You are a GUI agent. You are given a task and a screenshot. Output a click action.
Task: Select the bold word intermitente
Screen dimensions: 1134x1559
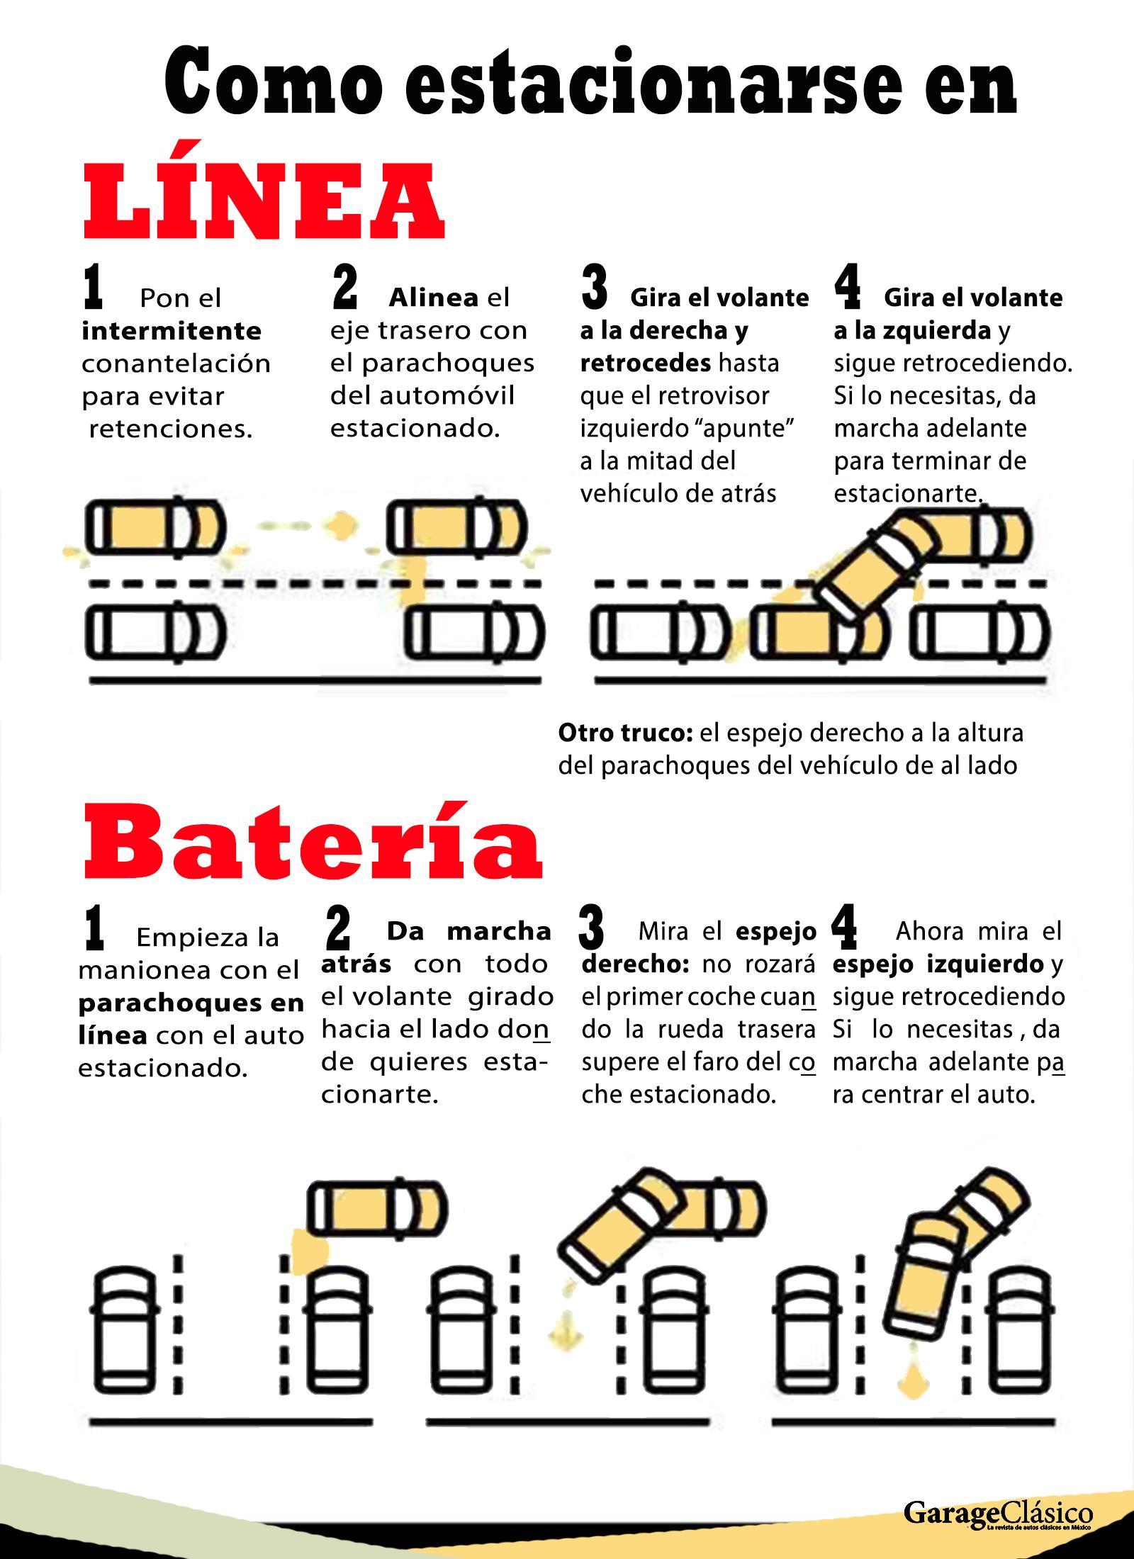point(172,330)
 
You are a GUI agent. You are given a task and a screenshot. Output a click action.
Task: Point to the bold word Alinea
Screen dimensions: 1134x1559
point(433,298)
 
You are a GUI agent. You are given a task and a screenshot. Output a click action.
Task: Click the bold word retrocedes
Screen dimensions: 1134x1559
point(646,363)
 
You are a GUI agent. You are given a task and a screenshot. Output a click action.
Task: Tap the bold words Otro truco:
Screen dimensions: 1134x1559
point(625,733)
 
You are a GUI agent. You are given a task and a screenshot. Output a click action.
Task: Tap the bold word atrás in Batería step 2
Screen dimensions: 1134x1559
point(357,964)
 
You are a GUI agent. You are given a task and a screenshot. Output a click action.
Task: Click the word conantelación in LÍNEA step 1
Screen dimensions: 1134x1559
point(176,364)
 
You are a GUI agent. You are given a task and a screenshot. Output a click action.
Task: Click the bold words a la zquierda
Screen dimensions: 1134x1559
point(912,330)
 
